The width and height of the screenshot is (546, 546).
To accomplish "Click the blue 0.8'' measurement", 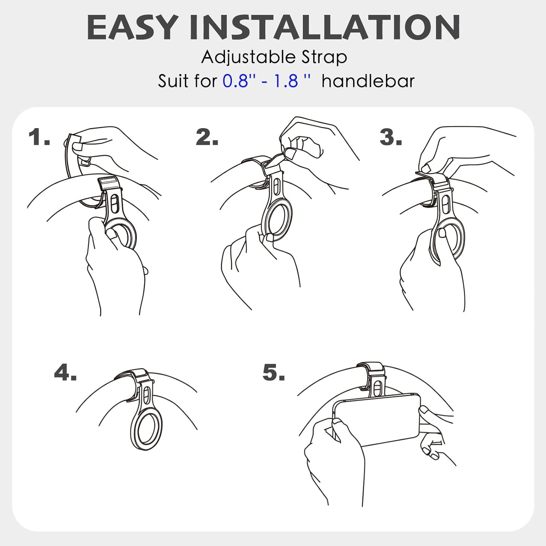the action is (x=235, y=80).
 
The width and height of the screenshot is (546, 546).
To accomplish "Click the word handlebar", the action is (x=368, y=80).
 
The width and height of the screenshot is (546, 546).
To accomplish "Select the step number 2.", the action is (x=207, y=138).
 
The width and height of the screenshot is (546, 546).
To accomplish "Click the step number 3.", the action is (x=391, y=138).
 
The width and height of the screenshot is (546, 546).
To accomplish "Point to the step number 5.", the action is (x=274, y=372).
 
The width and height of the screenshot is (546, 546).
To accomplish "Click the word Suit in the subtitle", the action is (x=173, y=80).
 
